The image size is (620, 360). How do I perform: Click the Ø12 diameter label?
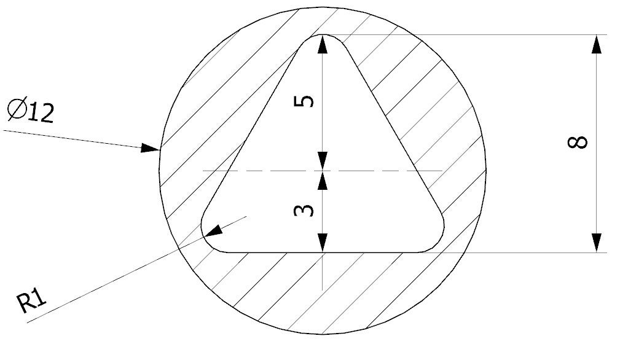pyautogui.click(x=31, y=112)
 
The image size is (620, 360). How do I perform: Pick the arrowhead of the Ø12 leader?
pyautogui.click(x=150, y=148)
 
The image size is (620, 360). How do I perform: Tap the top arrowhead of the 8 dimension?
pyautogui.click(x=597, y=44)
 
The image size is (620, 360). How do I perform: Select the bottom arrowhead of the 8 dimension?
pyautogui.click(x=597, y=243)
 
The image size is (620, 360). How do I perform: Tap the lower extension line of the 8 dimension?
pyautogui.click(x=522, y=252)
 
